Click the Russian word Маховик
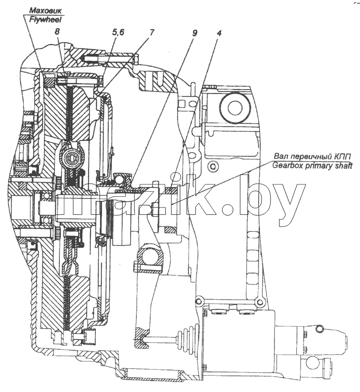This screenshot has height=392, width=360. tap(45, 11)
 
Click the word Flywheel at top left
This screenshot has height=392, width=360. tap(45, 20)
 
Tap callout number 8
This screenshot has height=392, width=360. tap(57, 32)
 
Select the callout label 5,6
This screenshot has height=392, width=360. tap(117, 32)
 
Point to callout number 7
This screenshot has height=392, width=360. tap(152, 32)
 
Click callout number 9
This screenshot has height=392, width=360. tap(195, 33)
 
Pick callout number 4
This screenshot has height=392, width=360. tap(219, 33)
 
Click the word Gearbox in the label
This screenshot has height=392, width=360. tap(287, 166)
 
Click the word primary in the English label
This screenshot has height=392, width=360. tap(318, 166)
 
